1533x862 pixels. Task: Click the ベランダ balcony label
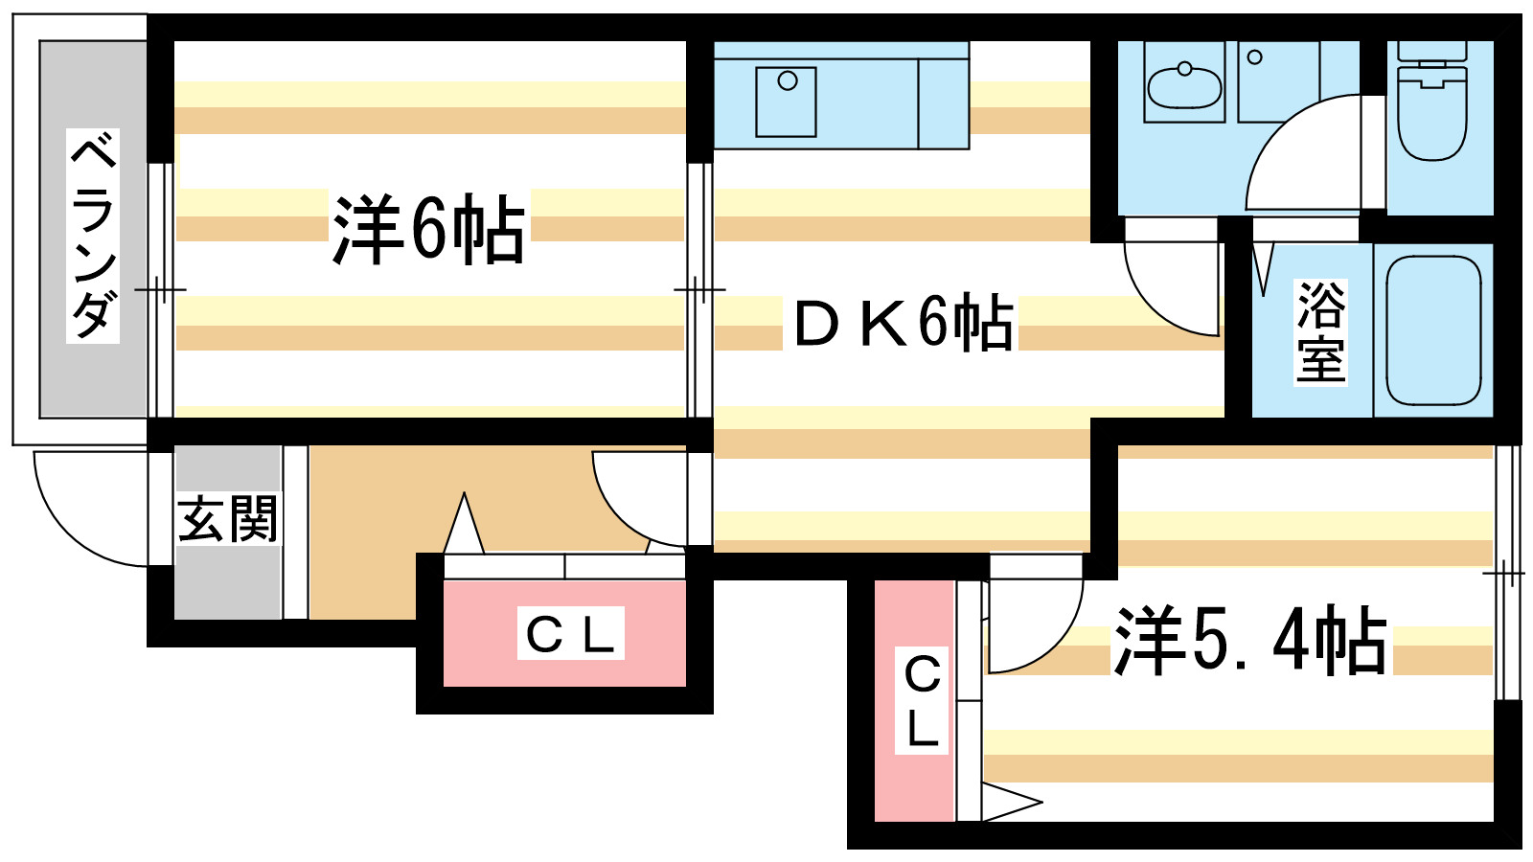[x=93, y=236]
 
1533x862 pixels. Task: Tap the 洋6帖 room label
[x=428, y=229]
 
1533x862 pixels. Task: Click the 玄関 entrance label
[x=228, y=519]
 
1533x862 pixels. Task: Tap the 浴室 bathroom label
[x=1321, y=332]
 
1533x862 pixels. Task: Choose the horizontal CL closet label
[x=570, y=634]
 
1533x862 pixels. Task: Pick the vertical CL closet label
[x=922, y=701]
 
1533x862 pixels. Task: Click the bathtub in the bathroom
[x=1433, y=330]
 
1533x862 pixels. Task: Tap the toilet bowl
[x=1431, y=116]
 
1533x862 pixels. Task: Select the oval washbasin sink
[x=1184, y=86]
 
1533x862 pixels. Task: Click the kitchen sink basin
[x=786, y=102]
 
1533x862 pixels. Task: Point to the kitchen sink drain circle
[x=788, y=80]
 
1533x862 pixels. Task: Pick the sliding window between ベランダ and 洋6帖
[x=161, y=290]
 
